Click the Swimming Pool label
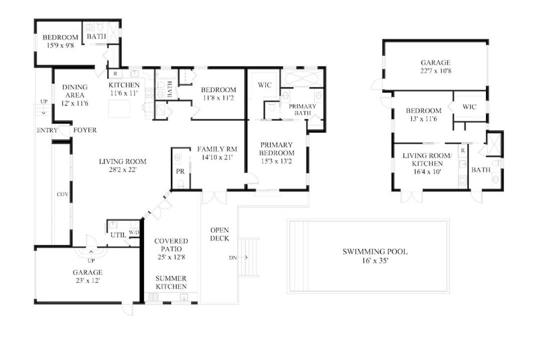375,251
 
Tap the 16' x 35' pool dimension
375,261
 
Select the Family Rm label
217,149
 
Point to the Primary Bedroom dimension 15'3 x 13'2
276,161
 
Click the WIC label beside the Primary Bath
264,84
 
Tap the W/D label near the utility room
134,232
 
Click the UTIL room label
118,235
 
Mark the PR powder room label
180,171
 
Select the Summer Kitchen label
171,282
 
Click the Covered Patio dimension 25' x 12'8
171,257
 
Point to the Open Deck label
219,234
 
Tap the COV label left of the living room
62,194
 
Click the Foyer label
84,130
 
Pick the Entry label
47,130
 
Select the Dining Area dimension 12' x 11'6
74,103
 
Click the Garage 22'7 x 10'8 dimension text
435,71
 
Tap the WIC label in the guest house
469,107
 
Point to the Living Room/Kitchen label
427,159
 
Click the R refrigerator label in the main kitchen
115,73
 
